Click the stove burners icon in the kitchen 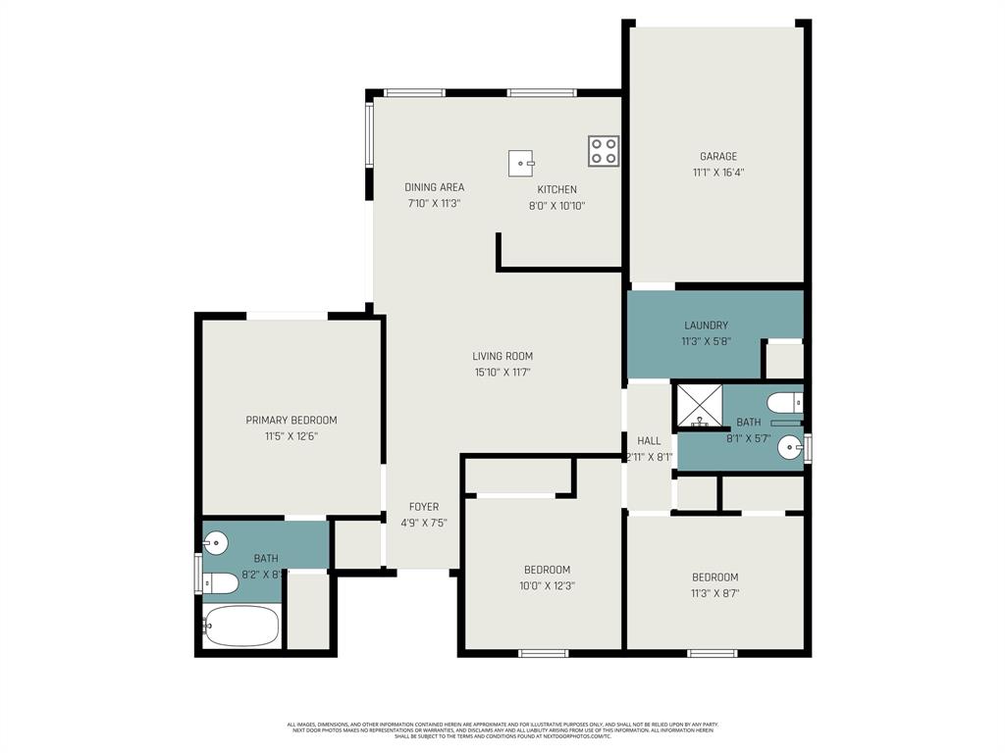click(604, 151)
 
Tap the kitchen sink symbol click(521, 163)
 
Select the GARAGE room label click(718, 156)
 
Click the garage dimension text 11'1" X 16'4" click(718, 173)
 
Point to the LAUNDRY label click(706, 326)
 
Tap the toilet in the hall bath click(786, 403)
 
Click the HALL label click(649, 441)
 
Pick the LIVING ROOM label click(502, 356)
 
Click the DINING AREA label click(434, 187)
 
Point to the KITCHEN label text click(556, 189)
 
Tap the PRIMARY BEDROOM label click(291, 421)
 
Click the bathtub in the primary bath click(241, 626)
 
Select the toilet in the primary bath click(221, 584)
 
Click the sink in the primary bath click(215, 541)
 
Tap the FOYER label click(423, 507)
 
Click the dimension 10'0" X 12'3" click(547, 586)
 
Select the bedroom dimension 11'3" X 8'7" click(714, 593)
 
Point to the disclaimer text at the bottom click(502, 729)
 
